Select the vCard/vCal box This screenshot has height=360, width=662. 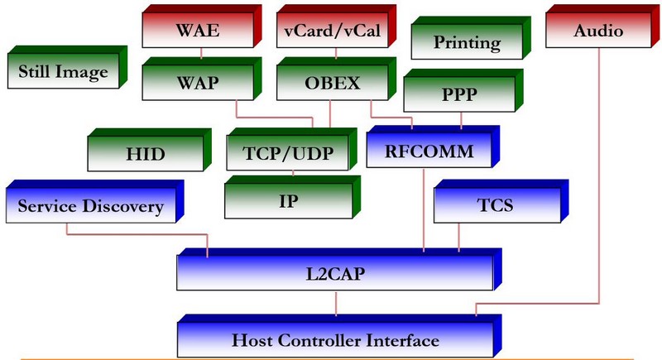click(331, 32)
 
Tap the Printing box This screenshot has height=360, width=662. click(468, 42)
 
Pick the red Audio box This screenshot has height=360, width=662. click(597, 32)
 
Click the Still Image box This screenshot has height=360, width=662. click(63, 73)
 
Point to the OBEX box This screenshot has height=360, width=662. click(331, 82)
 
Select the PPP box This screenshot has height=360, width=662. click(460, 95)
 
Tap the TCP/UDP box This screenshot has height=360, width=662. click(287, 154)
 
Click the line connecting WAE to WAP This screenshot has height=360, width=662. click(202, 55)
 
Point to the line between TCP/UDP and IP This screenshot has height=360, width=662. click(295, 174)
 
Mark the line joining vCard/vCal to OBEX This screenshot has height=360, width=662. click(330, 55)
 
